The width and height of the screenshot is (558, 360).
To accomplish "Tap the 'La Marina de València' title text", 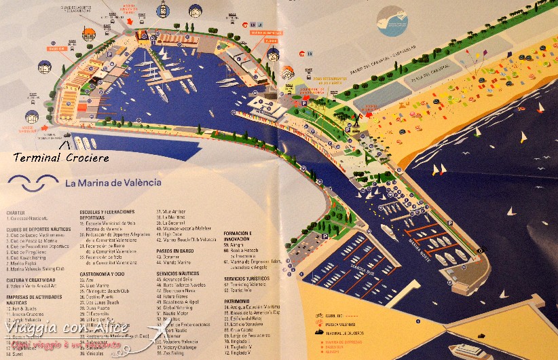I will coord(113,183).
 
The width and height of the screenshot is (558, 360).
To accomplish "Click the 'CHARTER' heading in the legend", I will coord(15,213).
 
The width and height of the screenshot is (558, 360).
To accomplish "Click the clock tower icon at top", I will coord(163,10).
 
